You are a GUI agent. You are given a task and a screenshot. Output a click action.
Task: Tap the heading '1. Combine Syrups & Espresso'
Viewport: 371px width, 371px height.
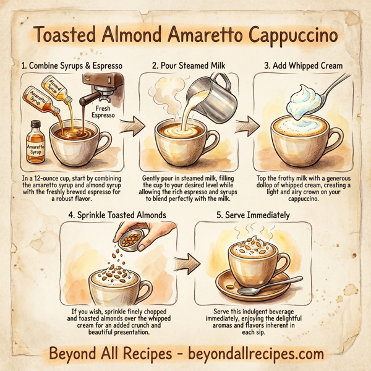(x=73, y=66)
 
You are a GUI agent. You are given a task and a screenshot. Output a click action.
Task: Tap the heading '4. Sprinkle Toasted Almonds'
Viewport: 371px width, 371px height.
(x=115, y=215)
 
